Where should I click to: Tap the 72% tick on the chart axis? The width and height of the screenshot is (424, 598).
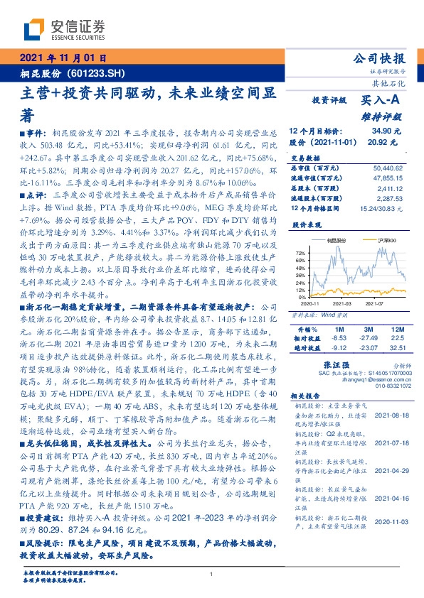[x=300, y=254]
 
